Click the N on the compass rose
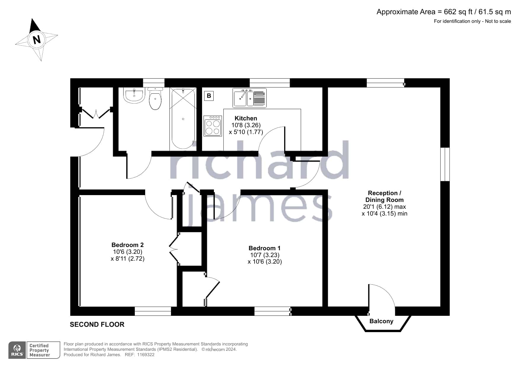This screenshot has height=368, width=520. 37,39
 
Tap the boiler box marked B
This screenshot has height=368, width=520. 209,96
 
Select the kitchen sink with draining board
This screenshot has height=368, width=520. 249,98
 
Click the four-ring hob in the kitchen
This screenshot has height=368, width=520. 213,126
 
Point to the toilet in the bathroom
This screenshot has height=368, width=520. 155,98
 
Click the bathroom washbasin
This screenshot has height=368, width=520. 134,95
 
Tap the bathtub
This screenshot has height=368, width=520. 183,119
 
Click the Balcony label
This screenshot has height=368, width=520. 381,321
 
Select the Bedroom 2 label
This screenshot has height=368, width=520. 127,245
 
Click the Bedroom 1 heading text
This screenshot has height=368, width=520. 265,248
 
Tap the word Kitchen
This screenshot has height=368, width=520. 246,118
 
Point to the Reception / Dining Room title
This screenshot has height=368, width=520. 384,196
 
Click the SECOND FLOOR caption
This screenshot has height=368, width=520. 97,324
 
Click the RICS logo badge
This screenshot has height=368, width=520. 17,350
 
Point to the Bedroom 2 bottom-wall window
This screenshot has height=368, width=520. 153,311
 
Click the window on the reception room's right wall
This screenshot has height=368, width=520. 445,164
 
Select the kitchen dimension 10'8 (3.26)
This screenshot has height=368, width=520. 246,125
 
